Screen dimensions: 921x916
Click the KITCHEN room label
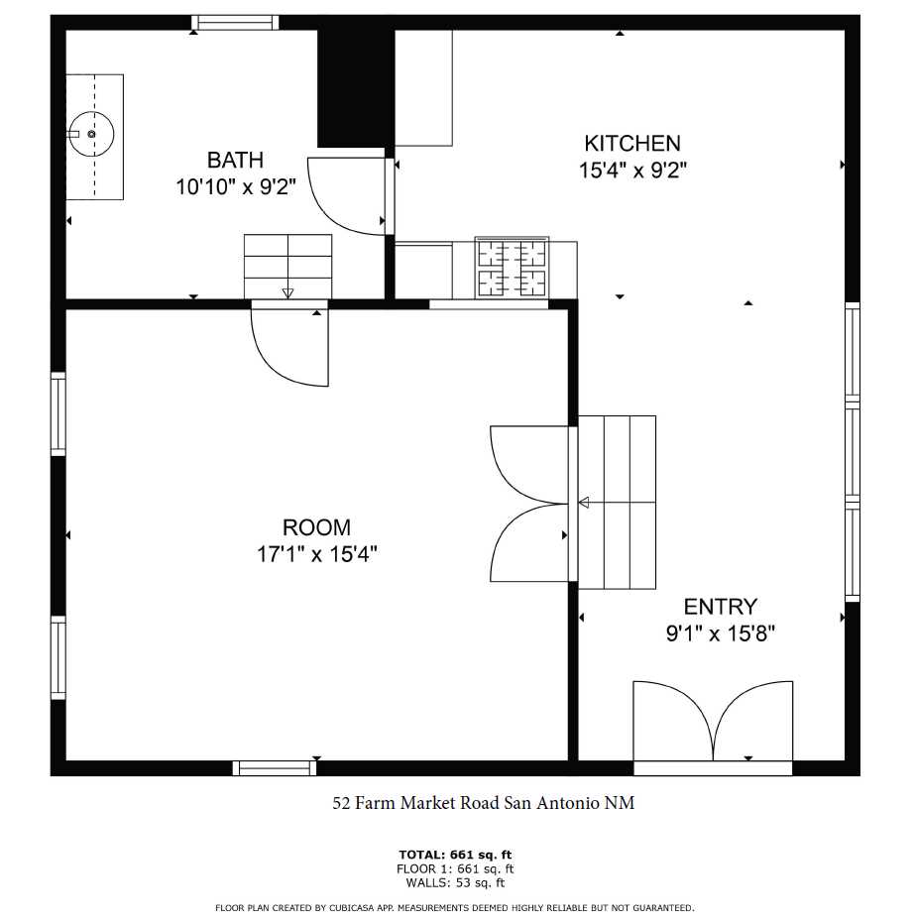click(631, 144)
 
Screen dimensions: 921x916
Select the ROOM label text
click(316, 527)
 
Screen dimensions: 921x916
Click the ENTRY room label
click(720, 607)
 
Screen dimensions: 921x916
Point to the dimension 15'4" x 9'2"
click(632, 171)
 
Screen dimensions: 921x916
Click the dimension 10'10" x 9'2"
click(236, 187)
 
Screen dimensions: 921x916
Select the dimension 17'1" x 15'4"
click(316, 554)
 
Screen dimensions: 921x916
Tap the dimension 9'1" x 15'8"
click(720, 633)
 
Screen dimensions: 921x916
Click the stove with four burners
click(512, 268)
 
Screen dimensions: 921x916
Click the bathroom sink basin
click(91, 133)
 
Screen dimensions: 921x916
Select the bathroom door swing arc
click(347, 196)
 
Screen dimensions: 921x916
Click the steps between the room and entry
click(616, 503)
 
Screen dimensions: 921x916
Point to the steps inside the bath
click(287, 266)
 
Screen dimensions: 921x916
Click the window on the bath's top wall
click(235, 23)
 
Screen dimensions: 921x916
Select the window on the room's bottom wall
click(275, 767)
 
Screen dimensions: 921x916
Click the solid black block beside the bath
click(352, 87)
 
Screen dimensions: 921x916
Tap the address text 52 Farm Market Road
click(483, 803)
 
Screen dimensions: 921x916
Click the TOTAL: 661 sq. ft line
click(455, 855)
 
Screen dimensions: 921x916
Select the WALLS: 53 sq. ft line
click(455, 882)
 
